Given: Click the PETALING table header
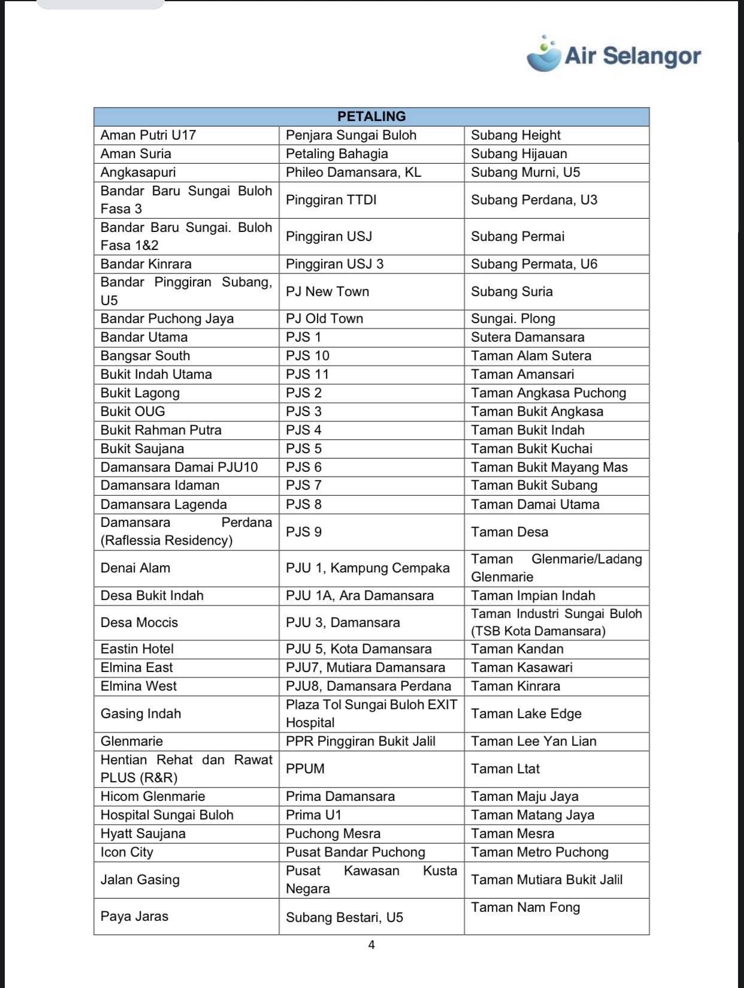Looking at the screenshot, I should [x=371, y=116].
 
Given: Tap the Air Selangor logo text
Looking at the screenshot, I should [x=633, y=56].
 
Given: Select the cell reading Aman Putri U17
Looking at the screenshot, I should [x=149, y=135].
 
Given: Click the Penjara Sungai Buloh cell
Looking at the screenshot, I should [x=351, y=135].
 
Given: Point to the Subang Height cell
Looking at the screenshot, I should [x=516, y=135].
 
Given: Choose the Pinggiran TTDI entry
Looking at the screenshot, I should [x=331, y=200].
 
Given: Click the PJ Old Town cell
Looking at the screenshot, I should [x=325, y=318].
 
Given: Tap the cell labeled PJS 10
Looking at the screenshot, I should [x=308, y=356].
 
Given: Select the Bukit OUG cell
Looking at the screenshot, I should [x=133, y=411].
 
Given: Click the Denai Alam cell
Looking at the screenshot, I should [x=135, y=568].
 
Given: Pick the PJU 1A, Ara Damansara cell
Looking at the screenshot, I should [x=360, y=595].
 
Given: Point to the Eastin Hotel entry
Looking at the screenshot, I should [x=137, y=649].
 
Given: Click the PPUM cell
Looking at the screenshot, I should [x=306, y=769].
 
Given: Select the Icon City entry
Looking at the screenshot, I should [x=127, y=852].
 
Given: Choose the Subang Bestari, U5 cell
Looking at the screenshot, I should [x=344, y=917].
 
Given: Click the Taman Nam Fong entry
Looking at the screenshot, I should [x=525, y=907].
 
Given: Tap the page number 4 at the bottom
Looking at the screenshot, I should [x=371, y=945].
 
